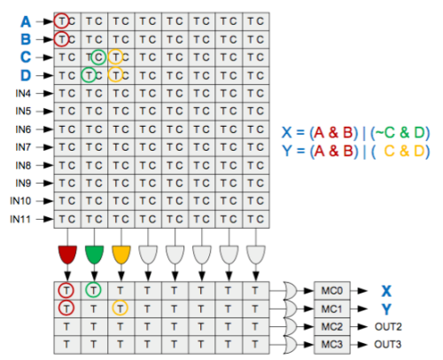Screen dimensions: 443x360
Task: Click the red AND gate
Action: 67,254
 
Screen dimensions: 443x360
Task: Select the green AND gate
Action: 94,254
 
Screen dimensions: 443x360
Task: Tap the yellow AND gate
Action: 121,254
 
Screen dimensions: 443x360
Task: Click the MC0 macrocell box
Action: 332,291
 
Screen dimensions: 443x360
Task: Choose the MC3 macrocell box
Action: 332,345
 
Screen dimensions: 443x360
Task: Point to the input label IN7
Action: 23,147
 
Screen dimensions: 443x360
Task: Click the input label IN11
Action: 20,219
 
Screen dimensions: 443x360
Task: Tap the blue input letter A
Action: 26,21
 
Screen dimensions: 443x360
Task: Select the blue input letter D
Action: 26,75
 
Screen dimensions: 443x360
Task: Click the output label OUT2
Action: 388,326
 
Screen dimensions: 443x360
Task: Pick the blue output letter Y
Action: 386,309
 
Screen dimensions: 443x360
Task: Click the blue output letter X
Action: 386,291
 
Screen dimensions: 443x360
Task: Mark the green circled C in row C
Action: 98,58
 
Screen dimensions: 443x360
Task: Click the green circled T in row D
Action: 89,75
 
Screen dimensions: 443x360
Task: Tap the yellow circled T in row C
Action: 115,57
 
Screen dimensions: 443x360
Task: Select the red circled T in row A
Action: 61,21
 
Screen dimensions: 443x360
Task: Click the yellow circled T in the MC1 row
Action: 120,309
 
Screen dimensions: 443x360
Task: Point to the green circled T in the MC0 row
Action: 93,290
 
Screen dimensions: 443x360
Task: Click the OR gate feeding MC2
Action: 291,326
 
